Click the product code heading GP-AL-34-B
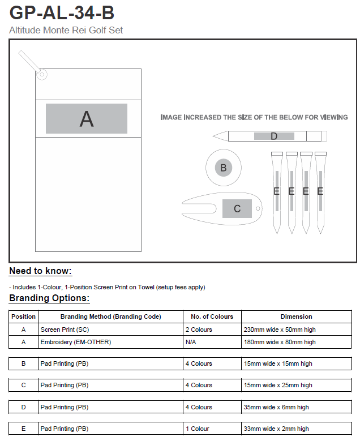(62, 12)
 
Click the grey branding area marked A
(87, 119)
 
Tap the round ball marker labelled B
(223, 168)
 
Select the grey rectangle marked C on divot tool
(237, 208)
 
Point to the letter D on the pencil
(274, 136)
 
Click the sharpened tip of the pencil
(215, 136)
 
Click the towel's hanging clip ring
(41, 73)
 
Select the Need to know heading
(40, 271)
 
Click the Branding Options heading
(49, 298)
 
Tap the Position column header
(23, 316)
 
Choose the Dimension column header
(296, 316)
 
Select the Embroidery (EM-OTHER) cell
(75, 342)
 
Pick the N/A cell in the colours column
(191, 342)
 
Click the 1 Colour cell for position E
(198, 429)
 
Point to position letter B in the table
(23, 363)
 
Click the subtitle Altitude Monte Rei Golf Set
(66, 30)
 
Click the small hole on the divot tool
(259, 208)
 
